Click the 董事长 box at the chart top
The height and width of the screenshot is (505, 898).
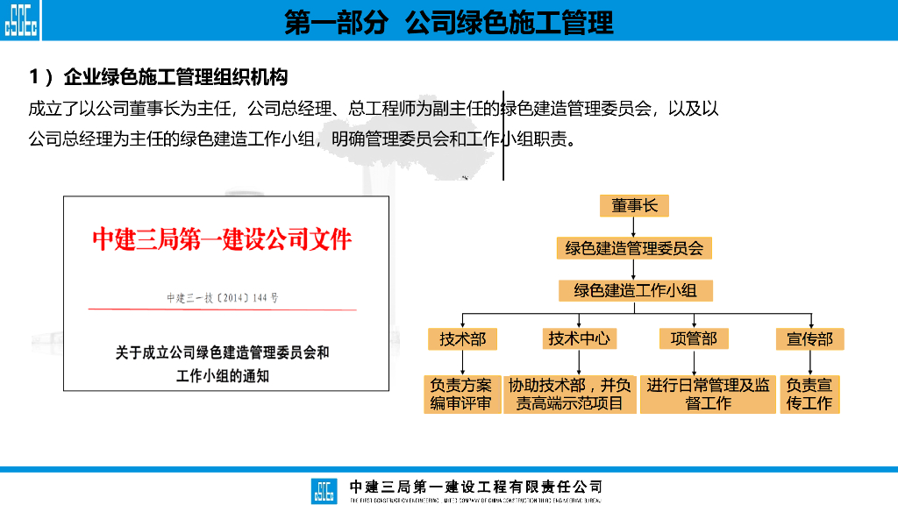pyautogui.click(x=634, y=206)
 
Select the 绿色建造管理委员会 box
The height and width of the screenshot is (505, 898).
pyautogui.click(x=634, y=248)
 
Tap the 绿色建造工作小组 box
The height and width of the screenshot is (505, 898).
pyautogui.click(x=635, y=289)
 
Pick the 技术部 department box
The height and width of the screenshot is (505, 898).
pyautogui.click(x=462, y=338)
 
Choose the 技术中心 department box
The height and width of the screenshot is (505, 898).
pyautogui.click(x=578, y=338)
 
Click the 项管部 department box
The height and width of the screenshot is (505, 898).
pyautogui.click(x=694, y=338)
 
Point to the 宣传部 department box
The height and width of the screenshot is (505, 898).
pyautogui.click(x=809, y=338)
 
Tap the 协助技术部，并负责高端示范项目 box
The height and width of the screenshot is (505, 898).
pyautogui.click(x=571, y=394)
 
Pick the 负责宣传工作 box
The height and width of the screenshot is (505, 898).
pyautogui.click(x=809, y=394)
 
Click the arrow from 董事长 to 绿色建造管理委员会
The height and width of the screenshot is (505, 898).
pyautogui.click(x=634, y=227)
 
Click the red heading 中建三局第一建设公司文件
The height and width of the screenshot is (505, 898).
pyautogui.click(x=222, y=238)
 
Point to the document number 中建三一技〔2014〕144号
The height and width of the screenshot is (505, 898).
pyautogui.click(x=223, y=298)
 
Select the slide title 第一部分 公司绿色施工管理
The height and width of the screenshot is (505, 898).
pyautogui.click(x=449, y=22)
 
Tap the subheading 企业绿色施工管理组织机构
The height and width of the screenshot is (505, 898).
pyautogui.click(x=159, y=77)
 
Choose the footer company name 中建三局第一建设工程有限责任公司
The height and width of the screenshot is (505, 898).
pyautogui.click(x=476, y=487)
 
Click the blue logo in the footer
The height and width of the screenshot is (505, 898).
pyautogui.click(x=324, y=490)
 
